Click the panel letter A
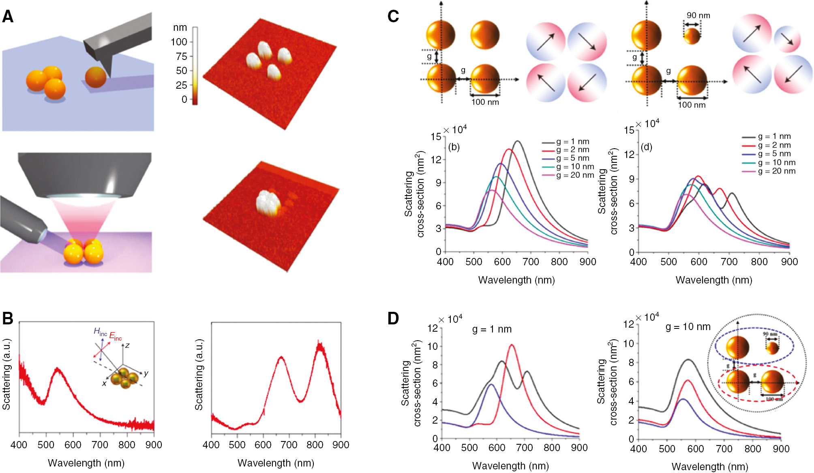click(x=8, y=17)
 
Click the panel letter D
click(x=393, y=318)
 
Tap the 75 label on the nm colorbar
click(x=181, y=56)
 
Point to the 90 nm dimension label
click(x=698, y=15)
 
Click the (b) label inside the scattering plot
click(x=454, y=147)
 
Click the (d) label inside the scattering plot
click(x=646, y=147)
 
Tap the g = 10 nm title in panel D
click(x=688, y=327)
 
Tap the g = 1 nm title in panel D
click(x=492, y=329)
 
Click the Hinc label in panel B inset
click(x=100, y=332)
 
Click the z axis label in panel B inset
click(x=127, y=345)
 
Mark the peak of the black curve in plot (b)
click(x=517, y=141)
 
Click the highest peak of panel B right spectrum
click(x=320, y=344)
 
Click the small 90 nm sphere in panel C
click(x=692, y=36)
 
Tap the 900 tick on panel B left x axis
click(x=154, y=445)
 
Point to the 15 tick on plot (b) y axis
click(x=436, y=137)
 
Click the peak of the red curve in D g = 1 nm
click(x=512, y=345)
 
